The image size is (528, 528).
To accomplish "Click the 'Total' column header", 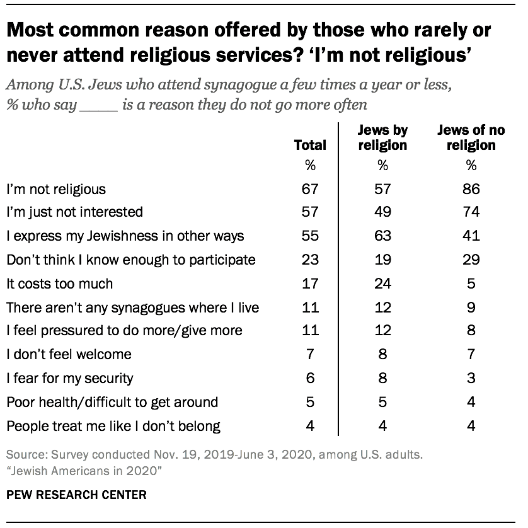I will [310, 146].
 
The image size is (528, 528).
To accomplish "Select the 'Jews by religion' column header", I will [382, 138].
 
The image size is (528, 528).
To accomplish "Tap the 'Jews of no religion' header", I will [471, 138].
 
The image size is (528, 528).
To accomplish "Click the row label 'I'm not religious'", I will [56, 188].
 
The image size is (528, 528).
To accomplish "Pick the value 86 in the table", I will [471, 188].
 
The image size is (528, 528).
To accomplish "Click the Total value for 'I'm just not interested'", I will [310, 212].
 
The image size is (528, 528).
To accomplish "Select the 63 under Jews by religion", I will [382, 236].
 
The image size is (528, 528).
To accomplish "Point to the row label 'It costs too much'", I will [60, 284].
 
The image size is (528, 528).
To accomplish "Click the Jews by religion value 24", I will [382, 284].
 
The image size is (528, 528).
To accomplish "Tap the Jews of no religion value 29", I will [471, 260].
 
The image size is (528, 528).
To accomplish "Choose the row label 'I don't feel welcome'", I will [69, 355].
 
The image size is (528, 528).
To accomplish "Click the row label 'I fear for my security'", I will [70, 379].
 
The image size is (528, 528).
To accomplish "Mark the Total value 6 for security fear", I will [310, 379].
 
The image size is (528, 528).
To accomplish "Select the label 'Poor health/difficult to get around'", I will [112, 402].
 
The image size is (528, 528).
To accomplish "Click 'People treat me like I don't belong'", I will [113, 426].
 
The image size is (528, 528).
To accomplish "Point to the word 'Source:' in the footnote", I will [25, 455].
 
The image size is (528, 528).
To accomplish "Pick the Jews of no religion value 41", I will [471, 236].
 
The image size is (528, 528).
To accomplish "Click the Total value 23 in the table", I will [310, 260].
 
